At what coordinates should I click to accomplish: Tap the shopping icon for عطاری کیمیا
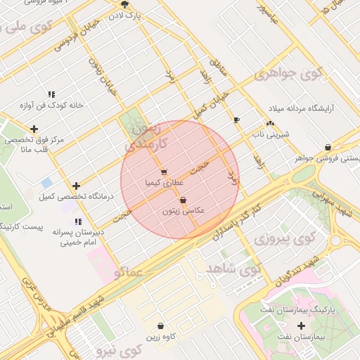(164, 172)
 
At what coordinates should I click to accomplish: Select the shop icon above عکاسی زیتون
(183, 200)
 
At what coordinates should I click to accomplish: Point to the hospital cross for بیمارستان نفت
(302, 326)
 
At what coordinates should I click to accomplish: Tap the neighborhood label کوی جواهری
(288, 73)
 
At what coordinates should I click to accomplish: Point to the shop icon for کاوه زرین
(162, 326)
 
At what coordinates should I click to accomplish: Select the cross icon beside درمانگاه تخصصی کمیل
(76, 186)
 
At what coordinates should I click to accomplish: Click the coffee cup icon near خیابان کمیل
(236, 120)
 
